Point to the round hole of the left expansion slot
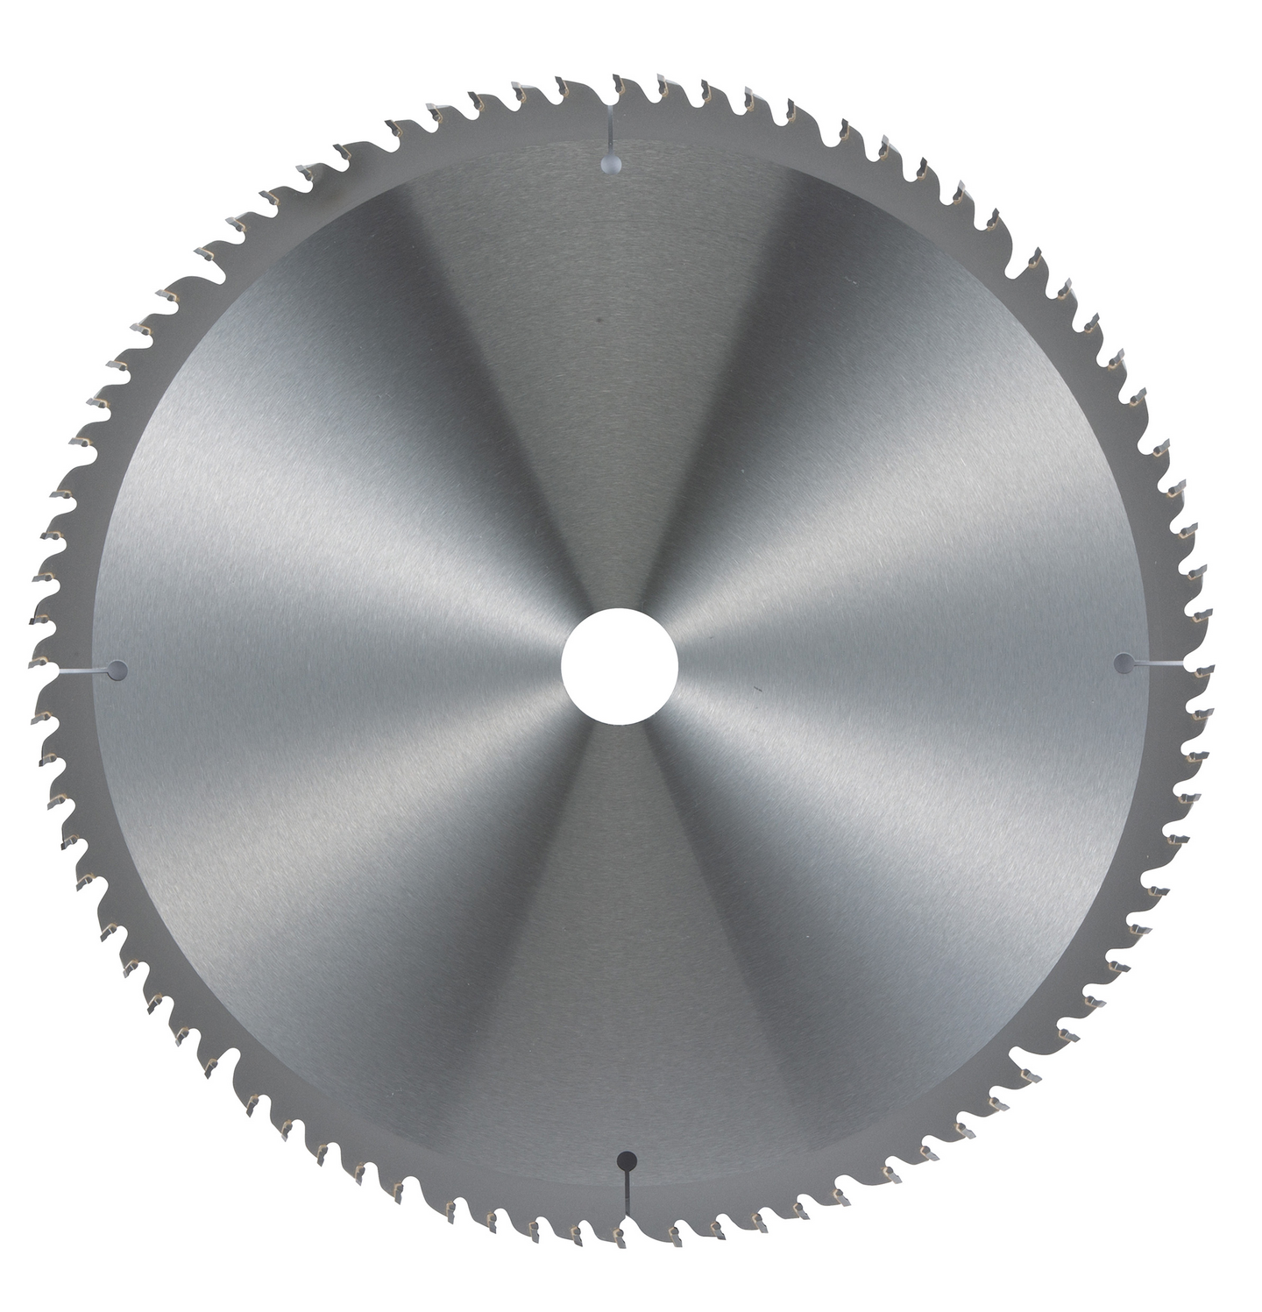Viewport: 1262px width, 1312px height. pyautogui.click(x=118, y=670)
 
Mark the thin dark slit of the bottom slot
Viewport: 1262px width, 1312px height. pyautogui.click(x=626, y=1192)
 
